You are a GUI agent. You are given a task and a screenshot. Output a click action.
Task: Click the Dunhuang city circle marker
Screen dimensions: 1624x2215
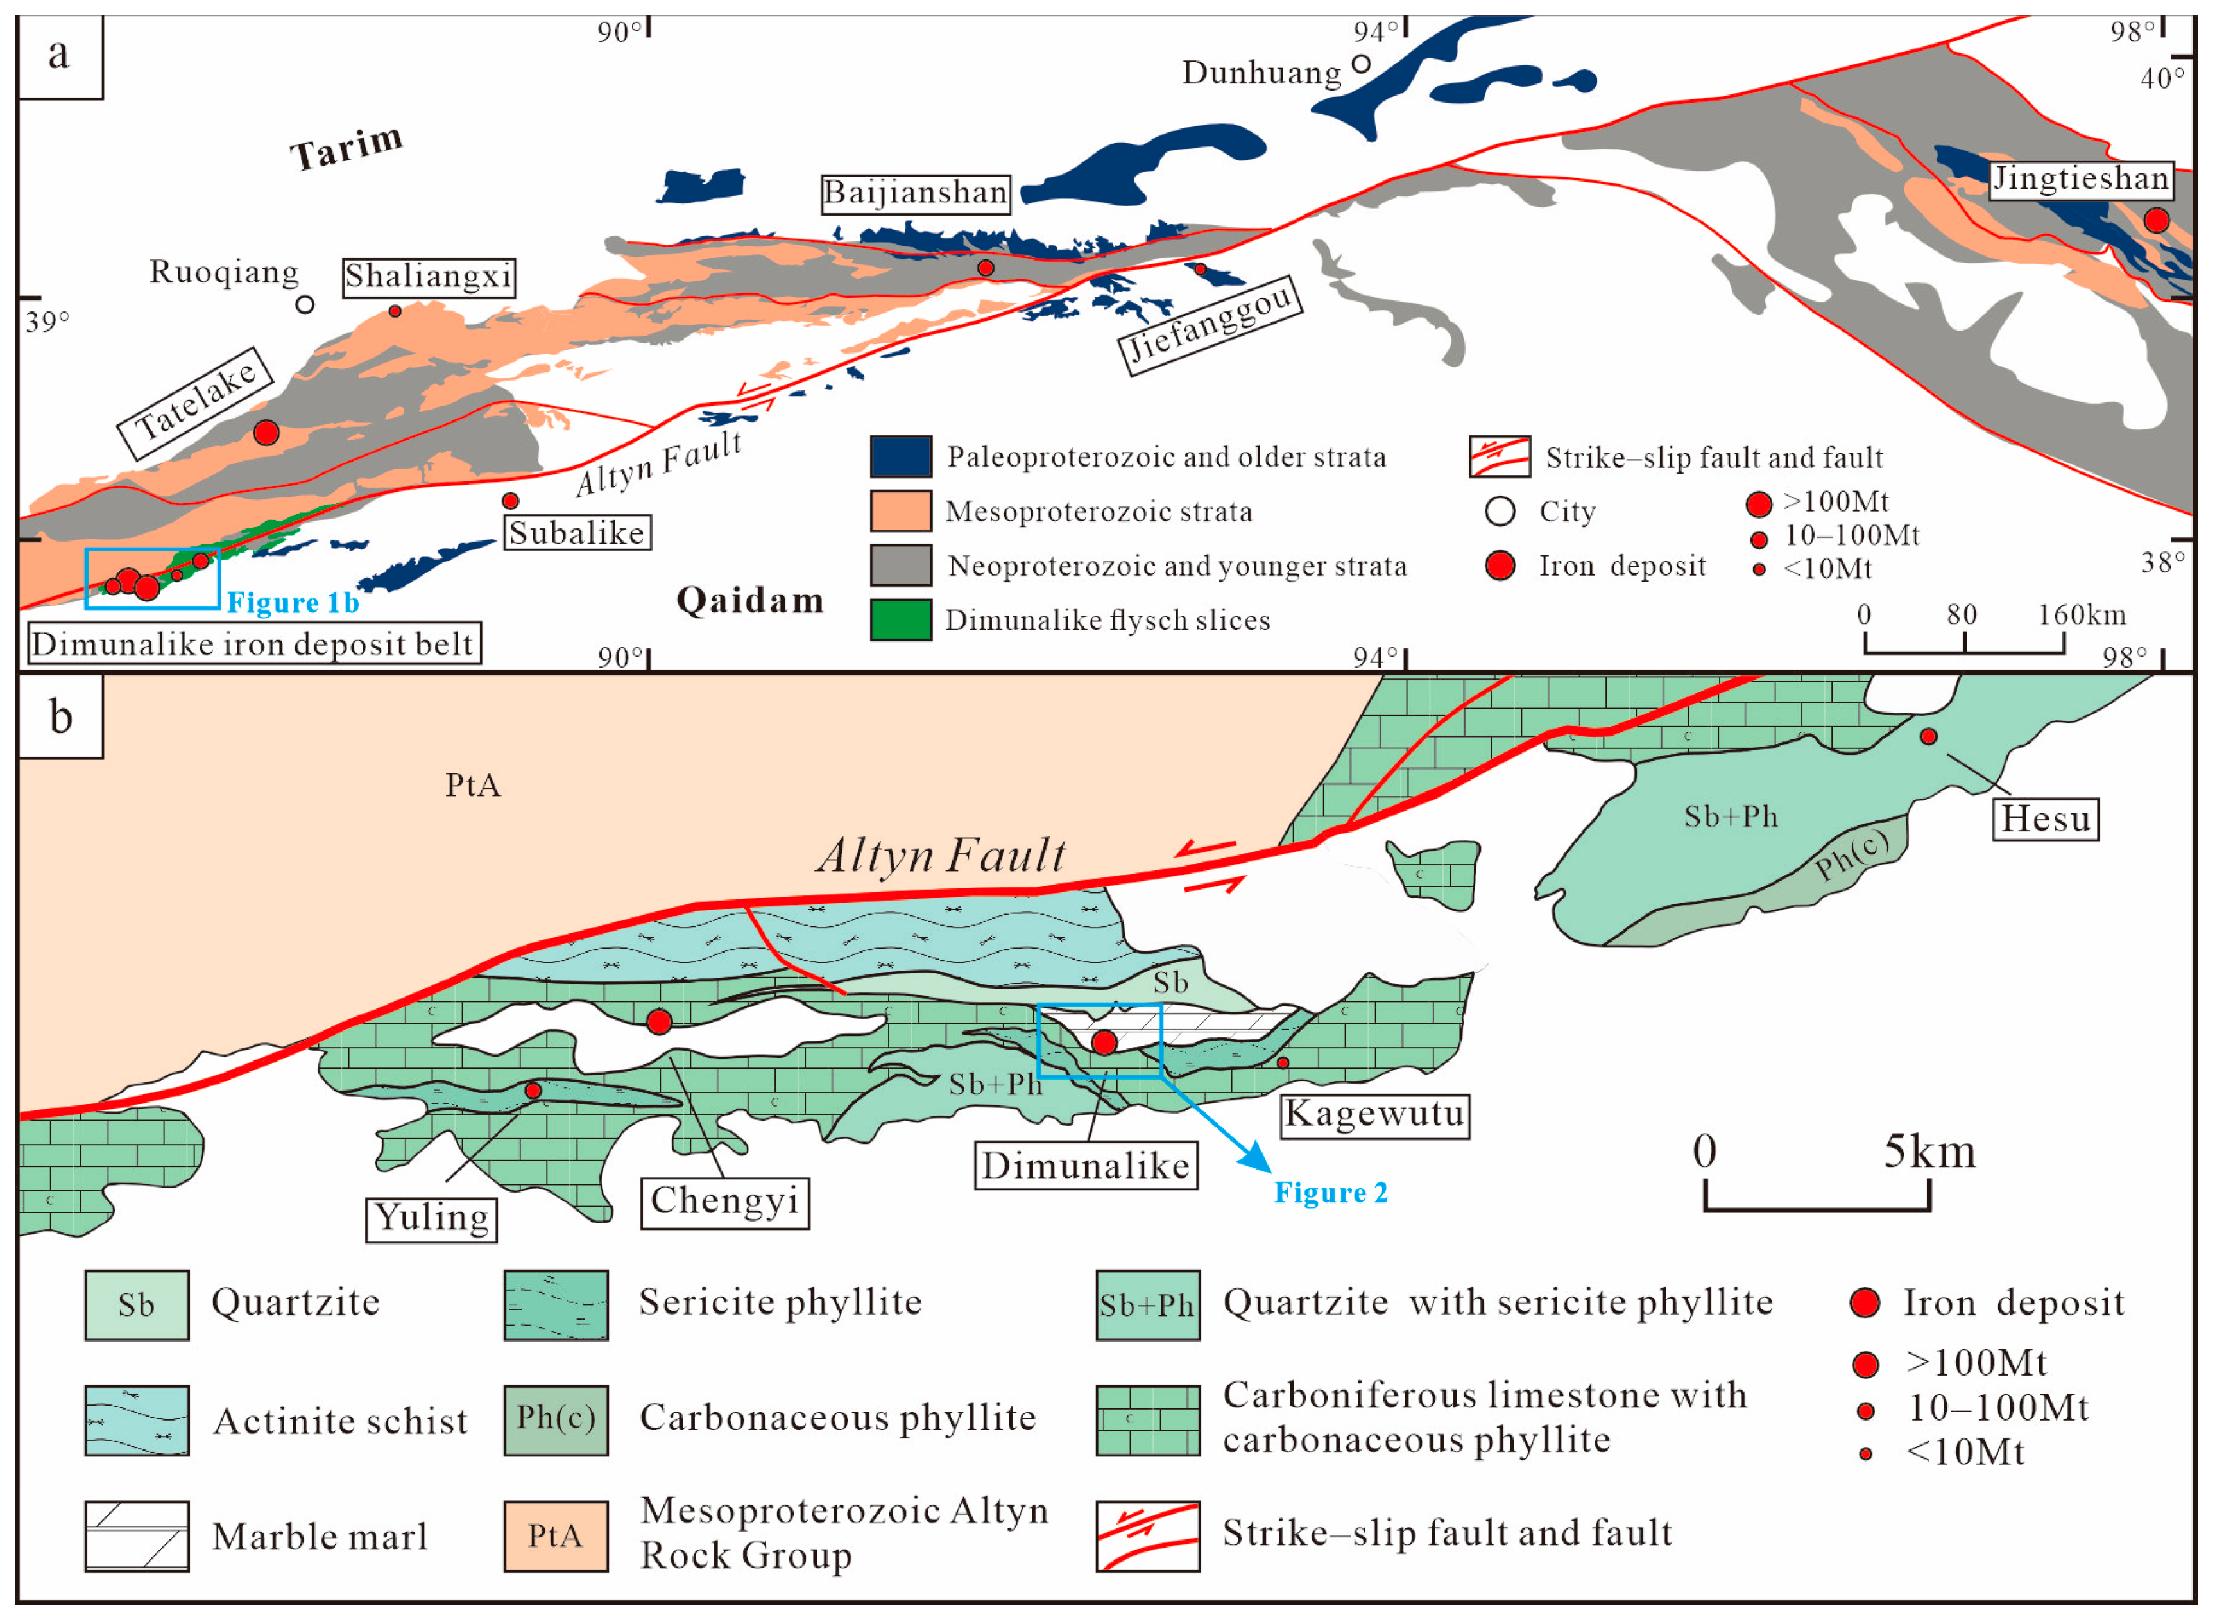tap(1361, 64)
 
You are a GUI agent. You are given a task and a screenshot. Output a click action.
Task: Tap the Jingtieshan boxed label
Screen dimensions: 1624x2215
tap(2080, 179)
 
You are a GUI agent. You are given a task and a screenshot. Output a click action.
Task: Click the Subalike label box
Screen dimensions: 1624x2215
tap(577, 532)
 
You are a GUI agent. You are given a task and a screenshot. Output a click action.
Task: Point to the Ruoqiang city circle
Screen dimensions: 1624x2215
tap(305, 305)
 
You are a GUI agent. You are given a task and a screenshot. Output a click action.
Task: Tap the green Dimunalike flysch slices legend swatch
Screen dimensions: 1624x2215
tap(900, 619)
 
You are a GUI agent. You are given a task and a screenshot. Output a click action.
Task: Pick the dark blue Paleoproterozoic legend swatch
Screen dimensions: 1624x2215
tap(900, 456)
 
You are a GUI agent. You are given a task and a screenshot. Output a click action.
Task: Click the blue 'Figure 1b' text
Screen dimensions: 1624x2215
tap(293, 603)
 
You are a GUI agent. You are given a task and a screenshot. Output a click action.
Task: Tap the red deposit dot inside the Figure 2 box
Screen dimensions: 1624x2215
tap(1104, 1042)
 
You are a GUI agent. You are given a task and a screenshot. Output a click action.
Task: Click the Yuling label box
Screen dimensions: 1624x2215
tap(431, 1219)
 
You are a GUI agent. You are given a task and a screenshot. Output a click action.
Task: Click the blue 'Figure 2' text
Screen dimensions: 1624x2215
tap(1331, 1193)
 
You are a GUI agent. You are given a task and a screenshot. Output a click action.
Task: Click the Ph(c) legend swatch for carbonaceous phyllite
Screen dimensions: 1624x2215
tap(556, 1419)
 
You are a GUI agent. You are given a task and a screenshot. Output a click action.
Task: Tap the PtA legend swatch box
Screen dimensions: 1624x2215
tap(556, 1535)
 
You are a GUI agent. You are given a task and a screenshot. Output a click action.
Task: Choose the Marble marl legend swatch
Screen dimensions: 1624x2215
tap(137, 1535)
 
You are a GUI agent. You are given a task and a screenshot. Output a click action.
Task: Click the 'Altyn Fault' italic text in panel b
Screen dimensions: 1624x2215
tap(941, 854)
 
